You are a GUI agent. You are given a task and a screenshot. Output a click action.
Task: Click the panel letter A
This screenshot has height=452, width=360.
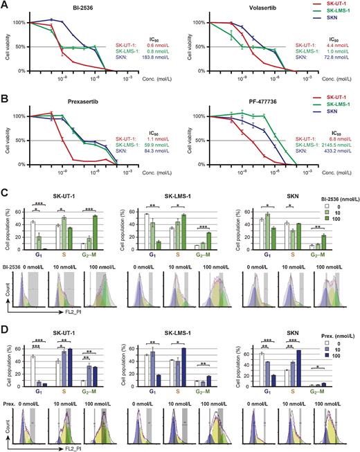pos(4,5)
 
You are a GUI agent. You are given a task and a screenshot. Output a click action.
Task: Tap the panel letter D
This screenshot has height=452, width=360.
pos(4,323)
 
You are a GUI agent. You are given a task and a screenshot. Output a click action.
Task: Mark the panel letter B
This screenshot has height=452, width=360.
pos(4,98)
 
